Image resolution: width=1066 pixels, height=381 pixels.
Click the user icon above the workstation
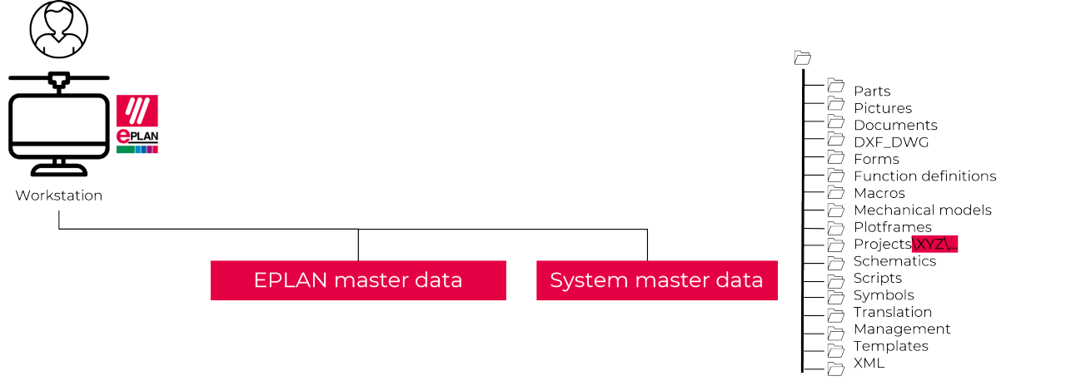click(58, 29)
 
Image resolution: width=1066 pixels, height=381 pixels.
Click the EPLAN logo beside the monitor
click(137, 124)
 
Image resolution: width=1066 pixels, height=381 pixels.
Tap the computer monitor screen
click(58, 125)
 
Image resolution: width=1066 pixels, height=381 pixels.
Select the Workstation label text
click(58, 196)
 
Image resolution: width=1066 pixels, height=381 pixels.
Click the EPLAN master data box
click(358, 280)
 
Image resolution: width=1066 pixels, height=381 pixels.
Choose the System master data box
click(656, 280)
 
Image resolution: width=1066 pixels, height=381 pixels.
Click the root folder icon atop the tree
click(802, 57)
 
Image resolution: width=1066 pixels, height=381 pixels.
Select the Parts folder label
click(872, 92)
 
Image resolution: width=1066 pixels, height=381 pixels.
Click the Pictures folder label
click(882, 108)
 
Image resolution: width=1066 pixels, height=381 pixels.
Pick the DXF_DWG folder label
click(891, 142)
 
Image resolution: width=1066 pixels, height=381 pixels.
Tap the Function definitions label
click(924, 176)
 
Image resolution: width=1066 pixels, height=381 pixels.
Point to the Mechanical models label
click(922, 210)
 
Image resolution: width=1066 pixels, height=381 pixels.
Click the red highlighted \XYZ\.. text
click(935, 245)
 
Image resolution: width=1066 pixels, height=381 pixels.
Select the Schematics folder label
click(894, 261)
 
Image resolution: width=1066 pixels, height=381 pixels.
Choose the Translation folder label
click(892, 312)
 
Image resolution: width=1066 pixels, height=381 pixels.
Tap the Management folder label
click(902, 329)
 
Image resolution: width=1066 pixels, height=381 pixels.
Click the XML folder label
click(869, 364)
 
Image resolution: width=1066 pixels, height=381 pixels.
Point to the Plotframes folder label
click(892, 227)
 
